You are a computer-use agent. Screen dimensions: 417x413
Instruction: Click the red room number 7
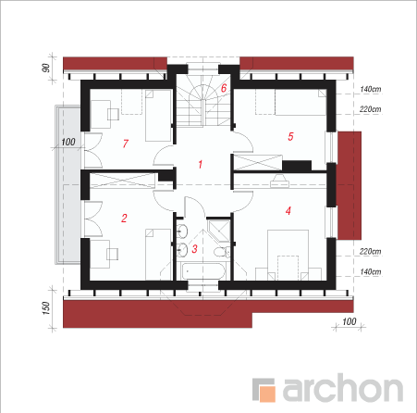pos(126,144)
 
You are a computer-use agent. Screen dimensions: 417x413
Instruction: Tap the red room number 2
pos(124,219)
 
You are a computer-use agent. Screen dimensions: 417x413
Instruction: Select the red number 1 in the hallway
pos(201,164)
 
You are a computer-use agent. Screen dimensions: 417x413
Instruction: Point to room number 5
pos(290,136)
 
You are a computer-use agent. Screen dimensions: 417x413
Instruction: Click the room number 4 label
pos(288,211)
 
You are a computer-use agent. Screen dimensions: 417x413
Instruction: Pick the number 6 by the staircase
pos(224,88)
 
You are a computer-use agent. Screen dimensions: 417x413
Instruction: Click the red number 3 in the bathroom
pos(194,249)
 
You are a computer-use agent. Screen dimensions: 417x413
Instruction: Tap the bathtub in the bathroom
pos(203,270)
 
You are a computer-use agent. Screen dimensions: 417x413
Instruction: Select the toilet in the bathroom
pos(222,252)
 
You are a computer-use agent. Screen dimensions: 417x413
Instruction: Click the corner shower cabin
pos(219,230)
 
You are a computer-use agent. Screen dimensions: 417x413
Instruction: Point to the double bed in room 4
pos(288,255)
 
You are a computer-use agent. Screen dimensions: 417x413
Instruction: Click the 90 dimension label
pos(45,68)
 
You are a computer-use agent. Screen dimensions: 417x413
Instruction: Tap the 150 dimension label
pos(45,308)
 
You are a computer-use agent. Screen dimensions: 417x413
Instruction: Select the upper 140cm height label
pos(371,89)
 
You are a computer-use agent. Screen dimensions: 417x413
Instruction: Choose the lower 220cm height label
pos(371,252)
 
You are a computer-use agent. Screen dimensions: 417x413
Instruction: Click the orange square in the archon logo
pos(267,394)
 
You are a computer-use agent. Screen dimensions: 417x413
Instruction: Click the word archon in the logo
pos(343,387)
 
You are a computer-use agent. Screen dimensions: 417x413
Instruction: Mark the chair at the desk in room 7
pos(113,114)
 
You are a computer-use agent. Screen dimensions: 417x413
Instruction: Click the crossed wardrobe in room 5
pos(258,162)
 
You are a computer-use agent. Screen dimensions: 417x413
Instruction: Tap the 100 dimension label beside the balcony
pos(68,142)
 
